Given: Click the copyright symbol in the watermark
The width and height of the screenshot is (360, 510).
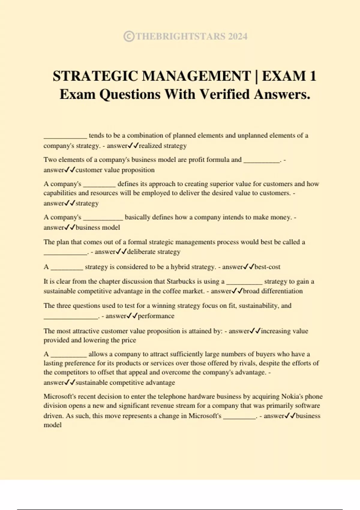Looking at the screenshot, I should pyautogui.click(x=129, y=36).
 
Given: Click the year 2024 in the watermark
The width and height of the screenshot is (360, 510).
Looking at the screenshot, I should pyautogui.click(x=238, y=36).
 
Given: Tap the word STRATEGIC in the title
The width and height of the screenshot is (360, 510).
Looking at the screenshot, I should pyautogui.click(x=95, y=76).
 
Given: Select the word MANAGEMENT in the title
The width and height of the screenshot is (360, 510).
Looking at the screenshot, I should pyautogui.click(x=196, y=76).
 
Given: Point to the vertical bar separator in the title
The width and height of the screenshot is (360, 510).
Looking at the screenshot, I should pyautogui.click(x=256, y=76).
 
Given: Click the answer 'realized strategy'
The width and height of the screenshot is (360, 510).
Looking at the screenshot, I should pyautogui.click(x=163, y=146).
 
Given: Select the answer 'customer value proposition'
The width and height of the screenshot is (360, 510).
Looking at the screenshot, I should pyautogui.click(x=115, y=170).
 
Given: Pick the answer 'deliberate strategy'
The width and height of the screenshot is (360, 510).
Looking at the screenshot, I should pyautogui.click(x=154, y=252).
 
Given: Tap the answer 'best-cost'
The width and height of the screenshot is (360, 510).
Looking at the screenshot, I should pyautogui.click(x=267, y=267).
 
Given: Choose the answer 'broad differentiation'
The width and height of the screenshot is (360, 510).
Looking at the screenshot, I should pyautogui.click(x=273, y=291).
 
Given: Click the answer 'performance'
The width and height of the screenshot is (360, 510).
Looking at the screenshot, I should pyautogui.click(x=156, y=316).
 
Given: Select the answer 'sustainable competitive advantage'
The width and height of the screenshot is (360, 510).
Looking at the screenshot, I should pyautogui.click(x=125, y=382).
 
